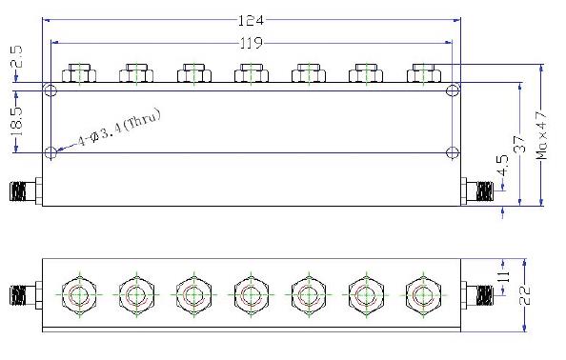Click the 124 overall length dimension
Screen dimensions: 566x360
pos(252,20)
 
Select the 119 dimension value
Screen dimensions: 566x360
pos(252,43)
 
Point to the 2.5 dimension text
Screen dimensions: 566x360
pos(16,56)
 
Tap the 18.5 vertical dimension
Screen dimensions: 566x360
pos(16,121)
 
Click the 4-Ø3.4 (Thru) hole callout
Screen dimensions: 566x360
pos(120,127)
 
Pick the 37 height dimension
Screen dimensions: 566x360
pos(519,144)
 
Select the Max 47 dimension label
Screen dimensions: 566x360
pos(541,135)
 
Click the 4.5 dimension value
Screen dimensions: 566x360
pos(503,166)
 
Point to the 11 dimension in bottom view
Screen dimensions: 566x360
pos(505,276)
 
